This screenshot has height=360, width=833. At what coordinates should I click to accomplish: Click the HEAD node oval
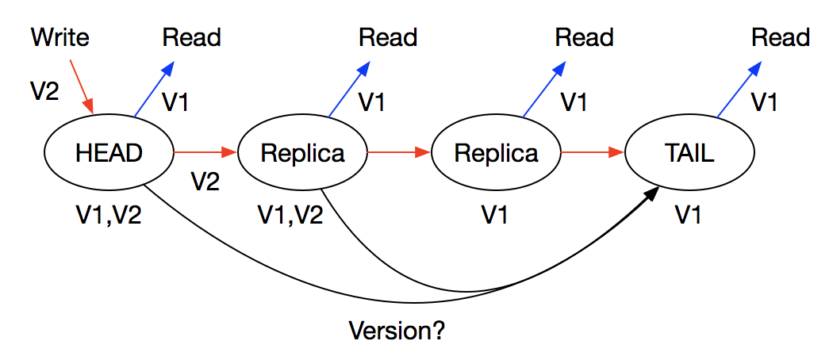(109, 152)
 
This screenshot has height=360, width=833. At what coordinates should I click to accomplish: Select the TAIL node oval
(688, 152)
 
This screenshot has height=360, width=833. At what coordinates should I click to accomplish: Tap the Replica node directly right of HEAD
(302, 152)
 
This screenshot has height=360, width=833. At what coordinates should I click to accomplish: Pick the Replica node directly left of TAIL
(496, 152)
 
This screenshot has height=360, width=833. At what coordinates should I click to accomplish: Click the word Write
(60, 37)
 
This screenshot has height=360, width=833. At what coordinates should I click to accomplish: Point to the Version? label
(397, 330)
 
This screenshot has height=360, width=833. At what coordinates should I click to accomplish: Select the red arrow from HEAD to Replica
(205, 151)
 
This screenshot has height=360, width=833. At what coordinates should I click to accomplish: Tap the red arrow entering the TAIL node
(593, 151)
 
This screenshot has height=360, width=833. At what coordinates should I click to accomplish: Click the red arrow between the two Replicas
(398, 151)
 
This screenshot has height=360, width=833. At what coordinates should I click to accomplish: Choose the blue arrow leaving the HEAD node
(153, 90)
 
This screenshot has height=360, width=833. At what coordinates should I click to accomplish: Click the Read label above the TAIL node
(781, 37)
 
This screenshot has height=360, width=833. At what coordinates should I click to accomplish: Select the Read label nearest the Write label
(191, 37)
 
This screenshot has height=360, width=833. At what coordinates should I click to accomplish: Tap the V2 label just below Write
(45, 91)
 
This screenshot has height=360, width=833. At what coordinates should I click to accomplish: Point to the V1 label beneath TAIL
(688, 215)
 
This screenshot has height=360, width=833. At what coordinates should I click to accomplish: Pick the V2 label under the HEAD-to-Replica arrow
(205, 182)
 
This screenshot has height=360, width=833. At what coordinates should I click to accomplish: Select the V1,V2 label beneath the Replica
(290, 215)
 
